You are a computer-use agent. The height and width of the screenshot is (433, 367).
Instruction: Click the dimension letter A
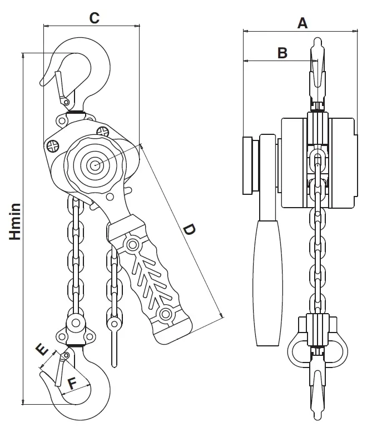(x=302, y=23)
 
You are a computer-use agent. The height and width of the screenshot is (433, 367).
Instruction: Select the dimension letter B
(x=282, y=53)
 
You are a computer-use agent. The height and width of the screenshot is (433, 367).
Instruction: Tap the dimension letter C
(x=94, y=17)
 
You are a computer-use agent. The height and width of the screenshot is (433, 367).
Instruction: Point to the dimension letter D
(x=189, y=230)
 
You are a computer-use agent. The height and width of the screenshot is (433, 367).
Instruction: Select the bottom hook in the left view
(x=83, y=389)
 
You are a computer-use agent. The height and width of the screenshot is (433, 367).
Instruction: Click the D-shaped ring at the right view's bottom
(x=316, y=348)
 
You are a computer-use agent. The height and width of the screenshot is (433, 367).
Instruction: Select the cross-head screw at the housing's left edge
(x=53, y=146)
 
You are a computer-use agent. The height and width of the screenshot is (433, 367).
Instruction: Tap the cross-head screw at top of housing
(x=102, y=131)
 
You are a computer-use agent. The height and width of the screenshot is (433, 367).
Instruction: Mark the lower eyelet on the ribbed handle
(x=165, y=315)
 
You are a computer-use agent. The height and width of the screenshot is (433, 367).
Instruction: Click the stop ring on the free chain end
(x=115, y=324)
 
